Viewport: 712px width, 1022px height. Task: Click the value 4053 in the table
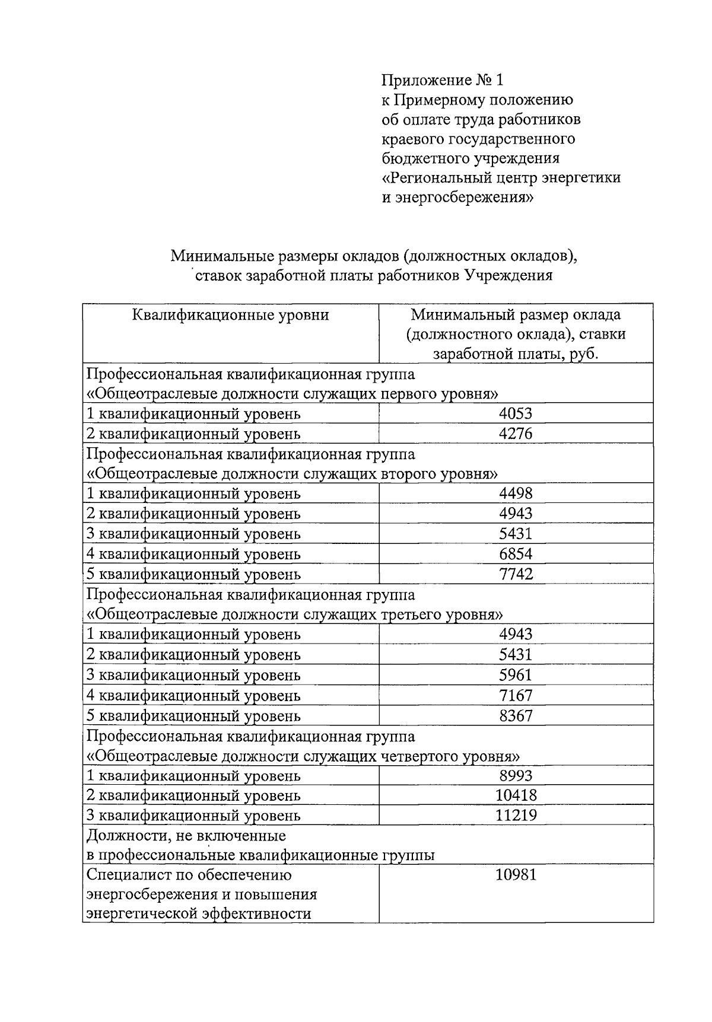(x=516, y=413)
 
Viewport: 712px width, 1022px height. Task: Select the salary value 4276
(x=516, y=434)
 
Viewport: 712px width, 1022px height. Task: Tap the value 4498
(x=516, y=494)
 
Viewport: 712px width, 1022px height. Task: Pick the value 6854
(x=516, y=554)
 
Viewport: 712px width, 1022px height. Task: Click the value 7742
(x=516, y=574)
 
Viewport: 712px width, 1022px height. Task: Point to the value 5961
(x=516, y=675)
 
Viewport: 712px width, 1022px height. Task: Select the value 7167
(x=516, y=695)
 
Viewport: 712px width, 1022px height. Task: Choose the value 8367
(x=516, y=715)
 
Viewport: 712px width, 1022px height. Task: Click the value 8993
(x=516, y=776)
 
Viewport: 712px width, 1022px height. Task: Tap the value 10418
(x=516, y=795)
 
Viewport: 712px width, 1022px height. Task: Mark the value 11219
(x=516, y=816)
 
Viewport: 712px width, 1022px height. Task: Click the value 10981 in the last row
(x=516, y=875)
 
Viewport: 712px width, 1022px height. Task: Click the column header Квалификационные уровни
(x=230, y=314)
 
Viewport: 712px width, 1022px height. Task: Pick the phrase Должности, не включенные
(x=186, y=836)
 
